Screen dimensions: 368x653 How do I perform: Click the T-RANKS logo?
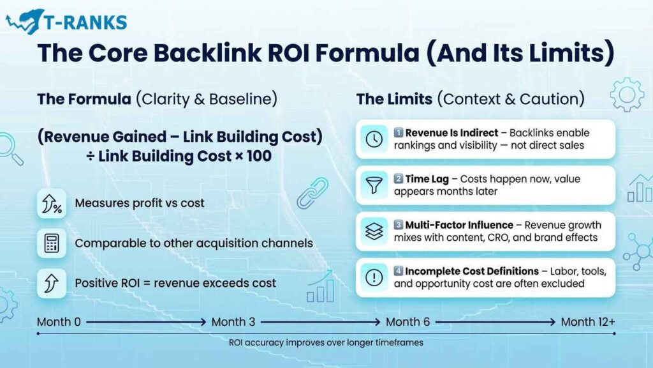(x=66, y=22)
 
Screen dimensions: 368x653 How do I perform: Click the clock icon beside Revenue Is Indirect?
(x=374, y=139)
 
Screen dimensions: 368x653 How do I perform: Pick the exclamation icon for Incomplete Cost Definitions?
(x=374, y=277)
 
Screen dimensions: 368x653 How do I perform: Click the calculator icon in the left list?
(x=52, y=243)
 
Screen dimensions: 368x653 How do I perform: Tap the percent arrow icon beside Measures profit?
(x=52, y=204)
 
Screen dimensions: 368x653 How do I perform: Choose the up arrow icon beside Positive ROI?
(x=52, y=282)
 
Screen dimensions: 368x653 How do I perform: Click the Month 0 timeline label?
(x=59, y=321)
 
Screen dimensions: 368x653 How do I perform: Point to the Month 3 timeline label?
(x=233, y=321)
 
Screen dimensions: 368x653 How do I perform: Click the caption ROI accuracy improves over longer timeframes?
(x=326, y=342)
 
